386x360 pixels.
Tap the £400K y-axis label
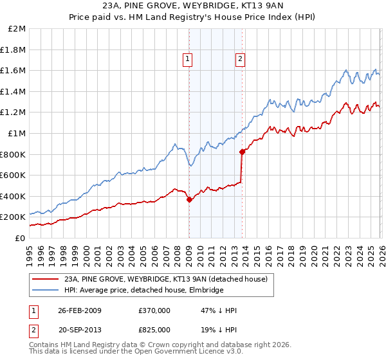[x=13, y=196]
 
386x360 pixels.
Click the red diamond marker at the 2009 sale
[x=189, y=199]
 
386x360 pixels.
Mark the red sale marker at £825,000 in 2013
[x=242, y=152]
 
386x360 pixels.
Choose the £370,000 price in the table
[x=154, y=310]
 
